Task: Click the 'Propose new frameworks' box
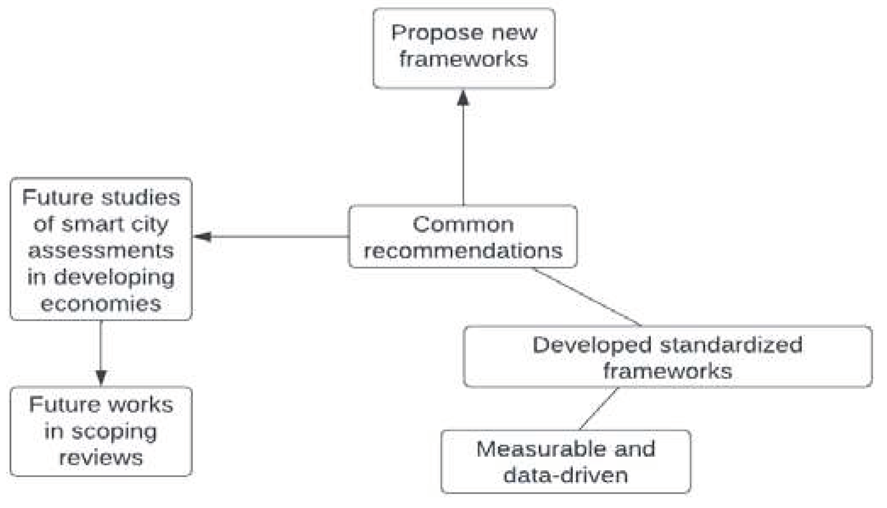[x=464, y=48]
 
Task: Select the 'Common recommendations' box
[x=463, y=236]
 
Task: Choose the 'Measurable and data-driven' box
[x=566, y=461]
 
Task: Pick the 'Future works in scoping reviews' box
[x=101, y=431]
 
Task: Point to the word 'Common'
[x=463, y=224]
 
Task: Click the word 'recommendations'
[x=463, y=250]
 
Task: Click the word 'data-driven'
[x=566, y=475]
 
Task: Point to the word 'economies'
[x=101, y=304]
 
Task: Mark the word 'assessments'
[x=101, y=251]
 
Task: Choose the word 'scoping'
[x=114, y=432]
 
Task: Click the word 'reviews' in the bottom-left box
[x=101, y=458]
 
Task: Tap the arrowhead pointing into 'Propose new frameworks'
[x=463, y=98]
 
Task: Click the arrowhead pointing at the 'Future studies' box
[x=203, y=236]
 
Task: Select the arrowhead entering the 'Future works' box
[x=101, y=377]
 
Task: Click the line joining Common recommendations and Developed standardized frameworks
[x=587, y=297]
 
